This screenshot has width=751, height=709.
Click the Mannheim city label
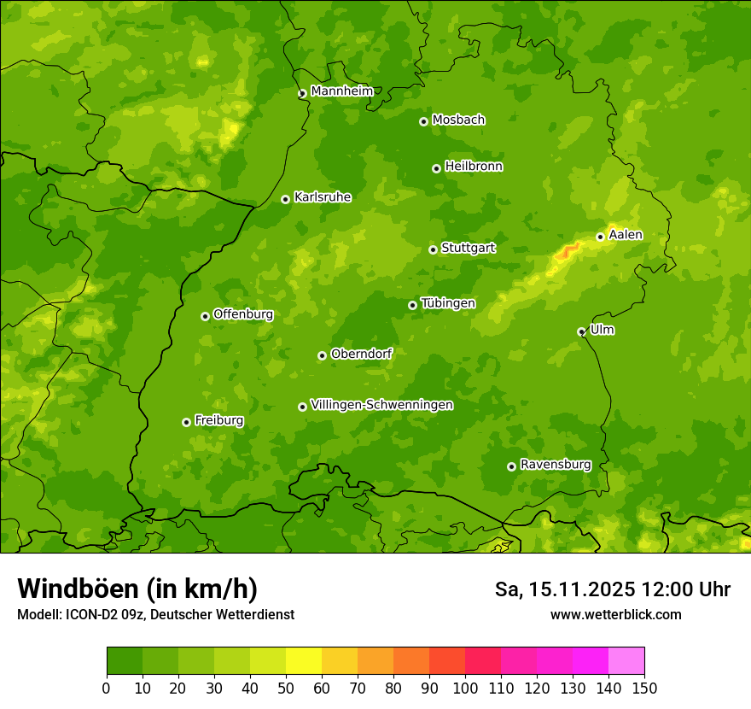(341, 91)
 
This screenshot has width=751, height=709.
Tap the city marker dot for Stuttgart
(433, 249)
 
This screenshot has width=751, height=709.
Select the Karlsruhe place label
(322, 197)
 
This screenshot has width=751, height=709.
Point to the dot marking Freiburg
(186, 422)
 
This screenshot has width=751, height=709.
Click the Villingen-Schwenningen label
(381, 405)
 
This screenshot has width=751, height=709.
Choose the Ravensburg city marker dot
(511, 466)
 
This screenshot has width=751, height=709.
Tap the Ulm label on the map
(602, 330)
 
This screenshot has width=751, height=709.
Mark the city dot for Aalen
(600, 237)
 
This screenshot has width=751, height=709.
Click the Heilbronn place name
(474, 167)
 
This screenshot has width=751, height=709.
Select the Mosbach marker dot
(423, 121)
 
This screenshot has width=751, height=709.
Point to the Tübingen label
(448, 303)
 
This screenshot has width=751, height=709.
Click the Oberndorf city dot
(322, 355)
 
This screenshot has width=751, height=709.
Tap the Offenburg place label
(243, 314)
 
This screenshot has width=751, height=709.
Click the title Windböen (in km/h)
(137, 589)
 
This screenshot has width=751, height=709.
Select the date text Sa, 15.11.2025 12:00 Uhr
(612, 589)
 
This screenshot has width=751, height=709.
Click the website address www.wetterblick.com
(615, 614)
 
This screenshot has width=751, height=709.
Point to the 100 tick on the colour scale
(465, 688)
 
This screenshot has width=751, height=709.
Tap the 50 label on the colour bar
(286, 688)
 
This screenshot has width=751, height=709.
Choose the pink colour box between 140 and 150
(626, 661)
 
